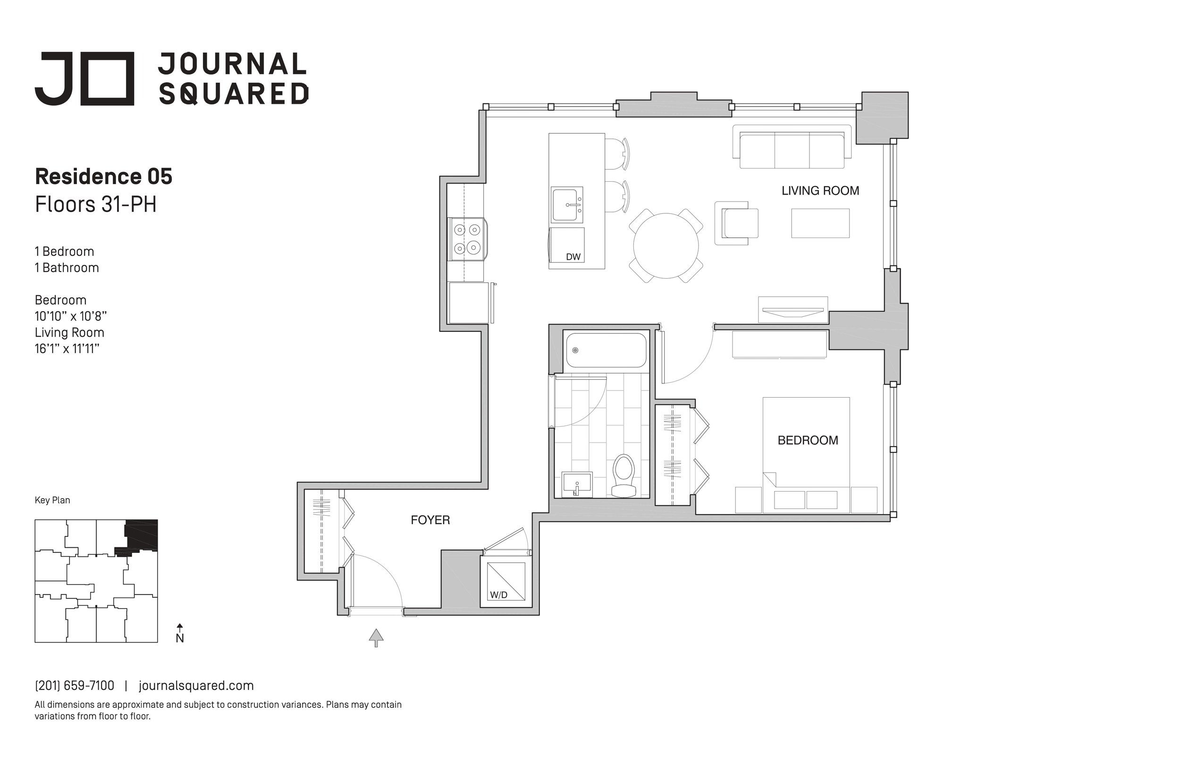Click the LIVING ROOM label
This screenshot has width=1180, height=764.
[x=820, y=190]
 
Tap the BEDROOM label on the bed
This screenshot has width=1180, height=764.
[x=808, y=440]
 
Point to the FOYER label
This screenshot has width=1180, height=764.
[x=430, y=520]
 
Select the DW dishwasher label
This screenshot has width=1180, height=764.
[x=573, y=256]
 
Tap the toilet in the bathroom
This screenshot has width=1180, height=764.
[x=624, y=475]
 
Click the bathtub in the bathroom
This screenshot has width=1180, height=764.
[x=606, y=350]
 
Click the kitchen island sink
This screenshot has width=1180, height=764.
[x=567, y=205]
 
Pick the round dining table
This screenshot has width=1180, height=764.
[x=666, y=246]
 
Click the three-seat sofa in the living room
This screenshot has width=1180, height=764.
[x=792, y=147]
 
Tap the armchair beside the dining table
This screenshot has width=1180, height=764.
[x=737, y=223]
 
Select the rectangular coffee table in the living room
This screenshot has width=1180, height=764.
[x=820, y=223]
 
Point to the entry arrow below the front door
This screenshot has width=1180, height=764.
[x=376, y=637]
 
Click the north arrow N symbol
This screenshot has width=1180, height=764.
[x=180, y=634]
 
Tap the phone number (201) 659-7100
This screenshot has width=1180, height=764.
[x=75, y=686]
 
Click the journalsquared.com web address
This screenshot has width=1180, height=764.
[x=196, y=686]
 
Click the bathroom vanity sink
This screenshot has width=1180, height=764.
[x=577, y=484]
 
